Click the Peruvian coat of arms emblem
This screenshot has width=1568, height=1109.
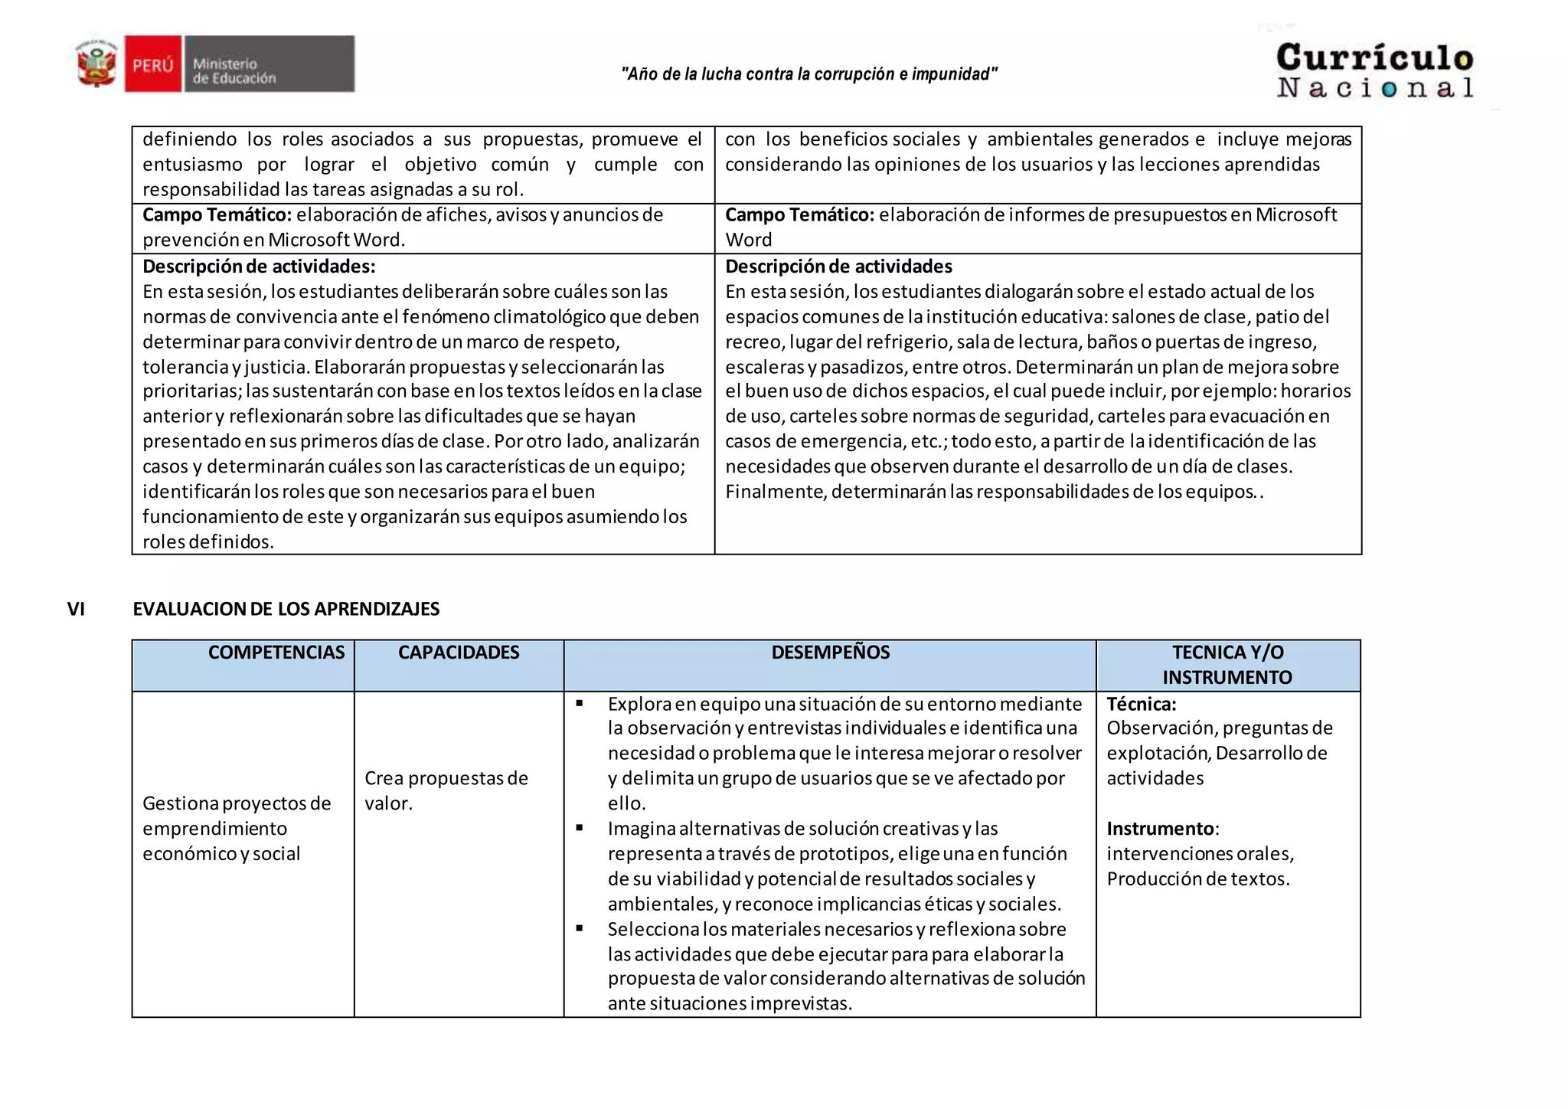pos(96,64)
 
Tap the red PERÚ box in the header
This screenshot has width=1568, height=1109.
pos(153,64)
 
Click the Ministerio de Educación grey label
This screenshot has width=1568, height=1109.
pos(267,64)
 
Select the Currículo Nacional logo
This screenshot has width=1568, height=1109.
pos(1374,71)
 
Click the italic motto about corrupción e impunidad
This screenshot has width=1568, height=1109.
pos(808,74)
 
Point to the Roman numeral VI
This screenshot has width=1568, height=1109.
pos(76,609)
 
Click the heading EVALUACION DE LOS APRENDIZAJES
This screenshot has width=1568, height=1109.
pos(286,609)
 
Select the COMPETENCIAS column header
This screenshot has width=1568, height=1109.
pos(276,653)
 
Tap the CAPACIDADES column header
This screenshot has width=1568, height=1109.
pos(458,653)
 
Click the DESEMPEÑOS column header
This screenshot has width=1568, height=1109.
pos(830,653)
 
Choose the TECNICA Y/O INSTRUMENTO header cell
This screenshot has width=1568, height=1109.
pos(1227,665)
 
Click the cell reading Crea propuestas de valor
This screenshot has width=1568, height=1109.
pos(446,790)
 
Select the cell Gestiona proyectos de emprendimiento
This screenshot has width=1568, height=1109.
pos(236,828)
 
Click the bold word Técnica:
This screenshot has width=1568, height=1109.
pos(1141,704)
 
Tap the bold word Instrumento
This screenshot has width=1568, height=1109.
pos(1160,829)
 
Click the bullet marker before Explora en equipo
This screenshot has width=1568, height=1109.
pos(580,703)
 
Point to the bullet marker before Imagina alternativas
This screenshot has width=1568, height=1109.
pos(580,828)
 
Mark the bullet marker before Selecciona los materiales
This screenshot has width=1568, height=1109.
pos(580,928)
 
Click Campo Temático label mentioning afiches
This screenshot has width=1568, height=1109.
pos(217,215)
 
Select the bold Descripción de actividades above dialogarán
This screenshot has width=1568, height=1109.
pos(838,267)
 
